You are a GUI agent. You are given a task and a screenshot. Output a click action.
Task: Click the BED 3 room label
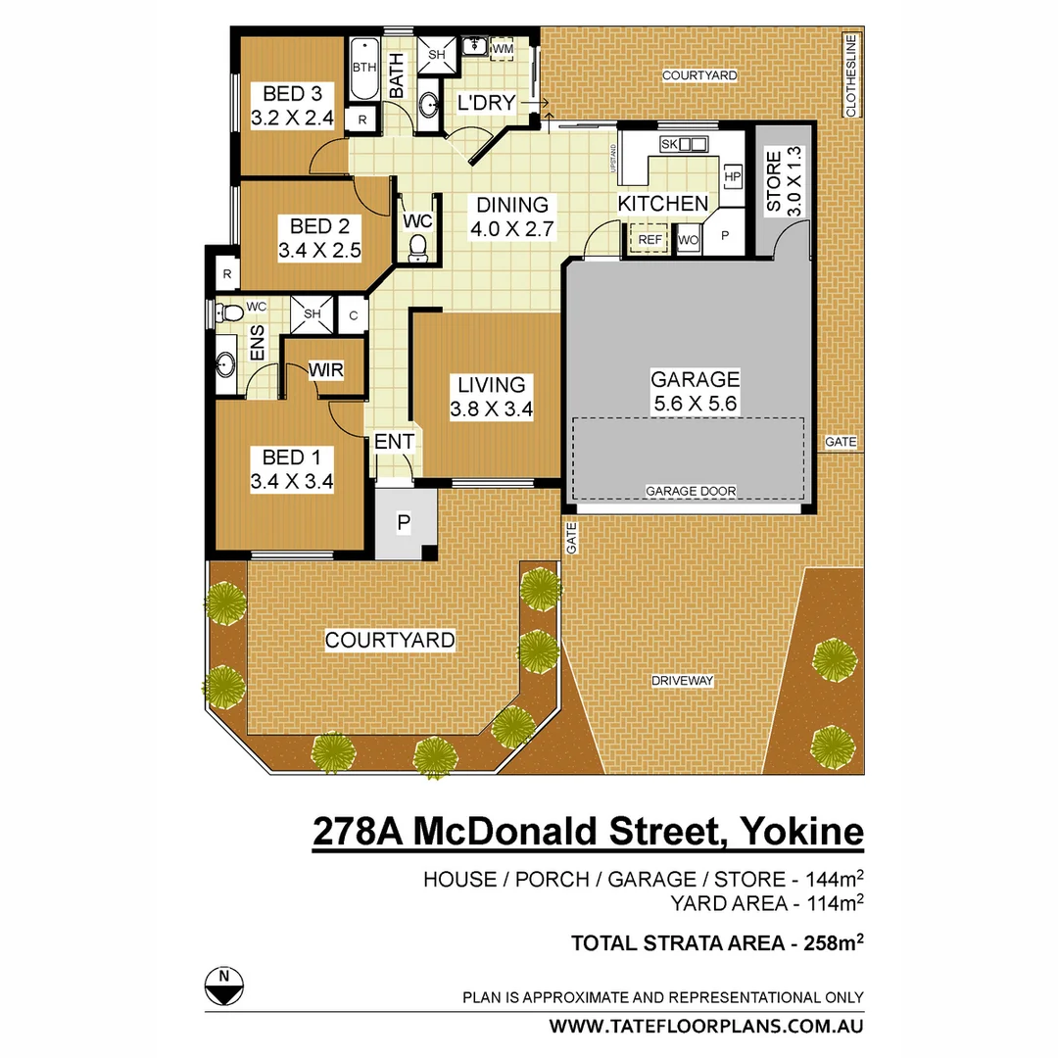tap(292, 94)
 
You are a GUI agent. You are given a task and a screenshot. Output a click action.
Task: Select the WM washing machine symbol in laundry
tap(503, 49)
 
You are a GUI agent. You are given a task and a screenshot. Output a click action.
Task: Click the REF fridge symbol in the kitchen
tap(649, 239)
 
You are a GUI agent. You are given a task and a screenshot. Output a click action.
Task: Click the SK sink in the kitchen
tap(684, 145)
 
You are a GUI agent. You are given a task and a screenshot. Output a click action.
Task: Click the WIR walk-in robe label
tap(325, 370)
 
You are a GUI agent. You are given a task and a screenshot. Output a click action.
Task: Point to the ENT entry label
tap(394, 443)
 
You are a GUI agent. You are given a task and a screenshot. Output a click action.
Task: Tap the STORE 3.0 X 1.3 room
tap(781, 181)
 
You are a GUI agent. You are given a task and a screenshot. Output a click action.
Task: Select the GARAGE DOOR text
tap(691, 491)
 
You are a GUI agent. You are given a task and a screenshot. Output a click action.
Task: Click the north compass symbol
tap(224, 985)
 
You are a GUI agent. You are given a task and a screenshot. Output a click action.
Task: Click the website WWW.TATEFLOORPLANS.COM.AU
tap(705, 1027)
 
